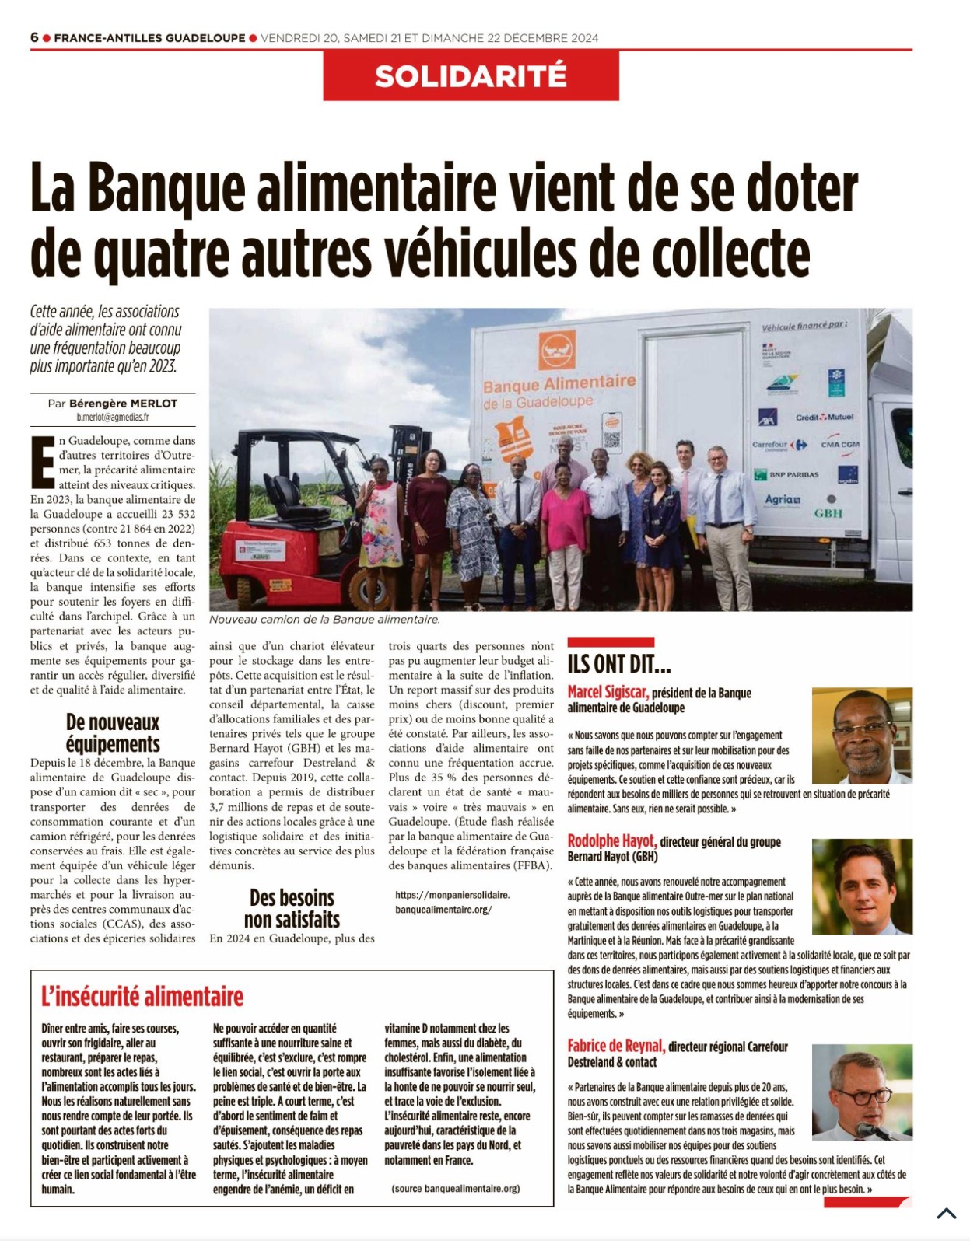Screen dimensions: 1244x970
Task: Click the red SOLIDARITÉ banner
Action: pos(471,76)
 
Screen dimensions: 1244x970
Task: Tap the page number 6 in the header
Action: pos(34,37)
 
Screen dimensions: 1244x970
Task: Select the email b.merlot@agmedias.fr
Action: pos(112,418)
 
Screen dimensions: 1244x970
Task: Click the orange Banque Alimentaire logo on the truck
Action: pos(557,350)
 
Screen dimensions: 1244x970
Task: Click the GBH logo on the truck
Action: pos(828,514)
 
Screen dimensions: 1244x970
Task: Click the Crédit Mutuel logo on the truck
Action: pos(824,417)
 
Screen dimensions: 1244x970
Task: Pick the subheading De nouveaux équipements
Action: pos(113,733)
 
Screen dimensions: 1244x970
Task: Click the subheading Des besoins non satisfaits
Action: pos(292,909)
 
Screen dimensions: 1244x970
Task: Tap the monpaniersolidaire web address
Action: pos(453,902)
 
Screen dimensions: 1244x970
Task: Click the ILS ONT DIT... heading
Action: pos(619,664)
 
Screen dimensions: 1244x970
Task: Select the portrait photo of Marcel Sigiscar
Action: pos(862,735)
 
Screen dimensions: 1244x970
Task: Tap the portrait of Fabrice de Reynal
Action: pos(862,1092)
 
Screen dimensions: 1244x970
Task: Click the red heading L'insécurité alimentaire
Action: pos(142,996)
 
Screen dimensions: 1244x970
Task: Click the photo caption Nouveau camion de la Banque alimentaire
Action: pos(324,620)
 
